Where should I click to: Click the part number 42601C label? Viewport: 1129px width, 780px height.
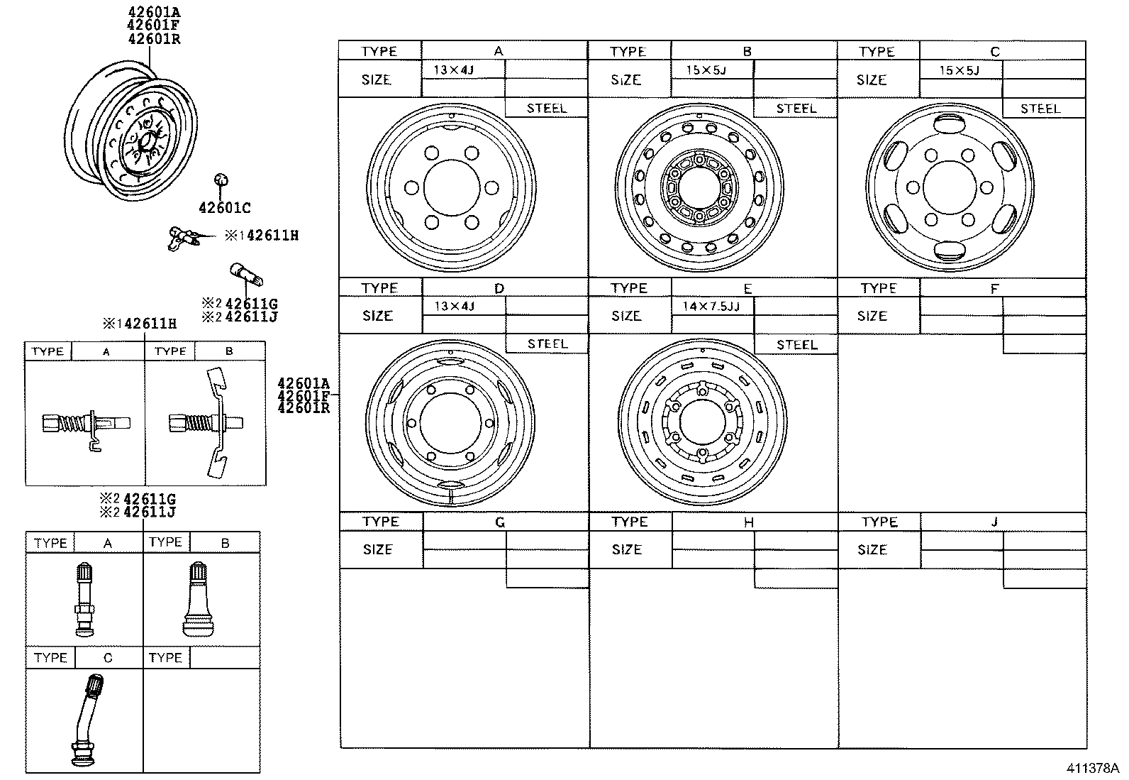tap(224, 209)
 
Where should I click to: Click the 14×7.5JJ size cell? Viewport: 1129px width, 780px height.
tap(711, 306)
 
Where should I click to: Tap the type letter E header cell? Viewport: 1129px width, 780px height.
tap(747, 288)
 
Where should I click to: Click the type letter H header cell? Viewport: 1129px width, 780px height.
tap(748, 522)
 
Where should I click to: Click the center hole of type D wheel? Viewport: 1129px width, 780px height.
tap(450, 422)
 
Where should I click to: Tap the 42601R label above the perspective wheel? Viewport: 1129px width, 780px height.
tap(154, 39)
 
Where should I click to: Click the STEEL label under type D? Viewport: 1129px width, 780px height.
tap(547, 344)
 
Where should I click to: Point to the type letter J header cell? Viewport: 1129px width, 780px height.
tap(994, 522)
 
